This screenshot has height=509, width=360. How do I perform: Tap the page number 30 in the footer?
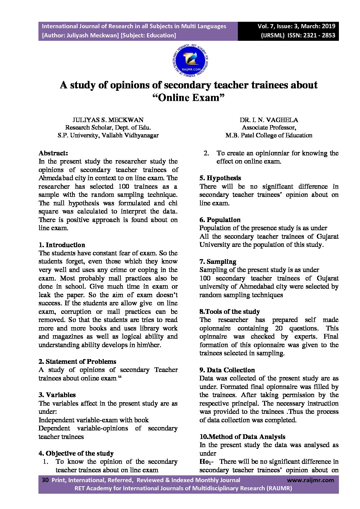point(45,480)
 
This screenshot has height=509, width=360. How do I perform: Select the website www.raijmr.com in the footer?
point(310,480)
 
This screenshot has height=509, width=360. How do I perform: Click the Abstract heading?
point(53,153)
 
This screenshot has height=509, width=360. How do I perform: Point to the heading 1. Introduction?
point(62,245)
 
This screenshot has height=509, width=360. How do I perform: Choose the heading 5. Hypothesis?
point(220,178)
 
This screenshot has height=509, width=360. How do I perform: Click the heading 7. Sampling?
point(217,261)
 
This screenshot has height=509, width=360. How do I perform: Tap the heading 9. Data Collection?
point(227,370)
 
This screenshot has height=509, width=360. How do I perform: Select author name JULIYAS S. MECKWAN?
point(108,120)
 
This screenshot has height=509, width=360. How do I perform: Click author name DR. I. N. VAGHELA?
point(268,120)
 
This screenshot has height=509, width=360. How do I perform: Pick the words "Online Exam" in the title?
point(189,98)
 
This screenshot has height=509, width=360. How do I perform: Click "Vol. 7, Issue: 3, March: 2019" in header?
point(296,26)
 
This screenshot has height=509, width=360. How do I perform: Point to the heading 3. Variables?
point(57,395)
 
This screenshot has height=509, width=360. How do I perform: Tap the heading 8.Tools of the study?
point(229,311)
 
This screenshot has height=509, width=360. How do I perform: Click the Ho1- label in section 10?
point(206,462)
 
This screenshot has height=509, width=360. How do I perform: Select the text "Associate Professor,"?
point(268,128)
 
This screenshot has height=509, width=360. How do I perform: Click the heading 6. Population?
point(220,220)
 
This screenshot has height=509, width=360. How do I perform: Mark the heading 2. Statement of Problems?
point(77,361)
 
